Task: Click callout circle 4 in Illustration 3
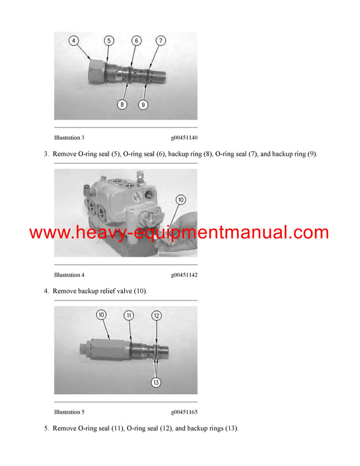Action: tap(74, 40)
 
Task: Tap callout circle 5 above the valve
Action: tap(109, 40)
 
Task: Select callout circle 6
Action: tap(137, 40)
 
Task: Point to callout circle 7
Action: tap(161, 40)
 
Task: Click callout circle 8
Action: tap(122, 104)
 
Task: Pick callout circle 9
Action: tap(143, 104)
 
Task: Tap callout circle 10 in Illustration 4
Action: tap(181, 200)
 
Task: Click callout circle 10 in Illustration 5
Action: tap(101, 315)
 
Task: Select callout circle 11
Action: tap(128, 315)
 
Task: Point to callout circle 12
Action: tap(157, 315)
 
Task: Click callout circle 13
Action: tap(156, 382)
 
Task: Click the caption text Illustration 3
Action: tap(69, 138)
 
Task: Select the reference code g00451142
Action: tap(184, 275)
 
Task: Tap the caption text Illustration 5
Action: tap(69, 412)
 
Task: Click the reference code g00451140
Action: tap(184, 138)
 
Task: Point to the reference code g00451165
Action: tap(184, 412)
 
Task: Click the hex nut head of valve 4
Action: tap(97, 71)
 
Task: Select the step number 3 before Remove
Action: tap(46, 154)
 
